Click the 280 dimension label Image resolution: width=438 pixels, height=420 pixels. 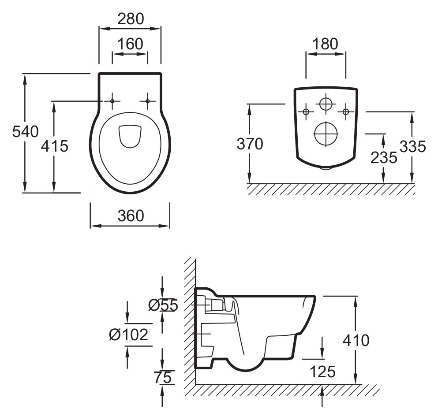[x=131, y=19]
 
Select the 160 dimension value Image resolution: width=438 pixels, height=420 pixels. [x=131, y=44]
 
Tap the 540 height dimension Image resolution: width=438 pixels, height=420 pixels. [x=26, y=132]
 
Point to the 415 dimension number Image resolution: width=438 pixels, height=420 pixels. [x=55, y=146]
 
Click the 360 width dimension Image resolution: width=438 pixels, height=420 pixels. [x=131, y=216]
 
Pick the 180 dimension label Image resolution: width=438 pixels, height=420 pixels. [x=325, y=44]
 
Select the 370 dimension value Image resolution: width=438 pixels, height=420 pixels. [x=250, y=144]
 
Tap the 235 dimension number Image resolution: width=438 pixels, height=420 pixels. [x=383, y=157]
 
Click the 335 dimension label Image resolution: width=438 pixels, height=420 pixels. [x=412, y=146]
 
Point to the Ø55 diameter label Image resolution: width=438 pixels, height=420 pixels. [x=163, y=305]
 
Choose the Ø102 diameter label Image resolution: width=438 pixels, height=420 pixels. [x=128, y=335]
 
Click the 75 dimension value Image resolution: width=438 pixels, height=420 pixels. [x=163, y=377]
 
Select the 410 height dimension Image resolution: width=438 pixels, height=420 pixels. [x=355, y=340]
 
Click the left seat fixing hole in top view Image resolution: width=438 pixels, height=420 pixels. [x=112, y=101]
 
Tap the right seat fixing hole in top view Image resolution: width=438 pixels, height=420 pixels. [x=148, y=101]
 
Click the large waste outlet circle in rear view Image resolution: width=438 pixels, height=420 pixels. [x=326, y=134]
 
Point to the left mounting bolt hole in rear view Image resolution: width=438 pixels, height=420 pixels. [x=305, y=111]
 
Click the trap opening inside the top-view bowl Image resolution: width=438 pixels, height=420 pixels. [x=131, y=135]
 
